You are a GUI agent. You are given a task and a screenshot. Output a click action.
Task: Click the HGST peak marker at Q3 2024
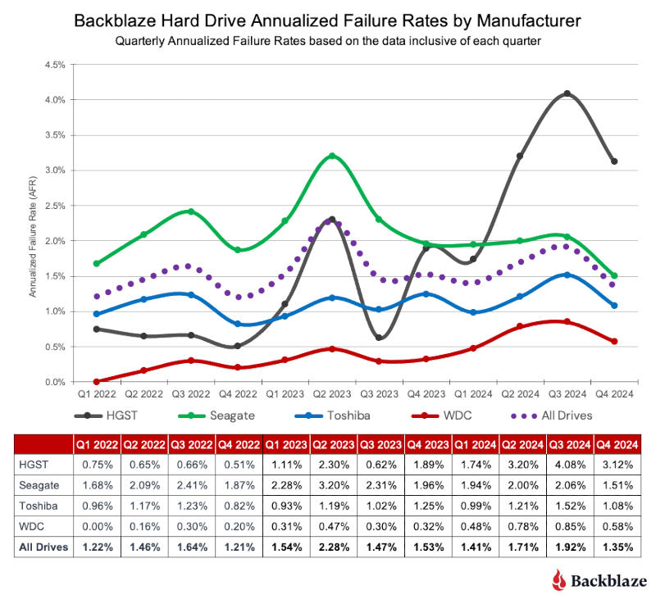567,94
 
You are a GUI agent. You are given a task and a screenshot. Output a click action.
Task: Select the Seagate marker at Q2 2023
332,156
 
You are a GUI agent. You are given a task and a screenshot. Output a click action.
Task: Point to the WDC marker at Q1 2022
98,382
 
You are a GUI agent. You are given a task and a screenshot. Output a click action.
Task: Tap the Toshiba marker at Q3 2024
567,275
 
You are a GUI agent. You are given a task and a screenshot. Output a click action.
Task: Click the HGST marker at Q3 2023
379,338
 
